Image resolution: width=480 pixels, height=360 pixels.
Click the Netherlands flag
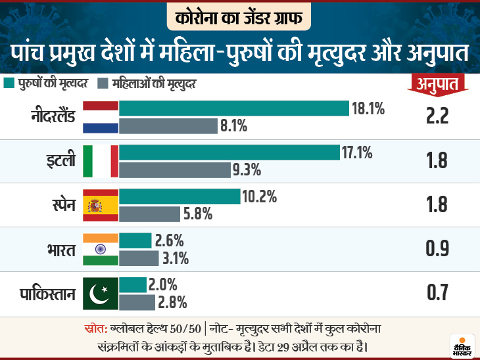click(x=101, y=117)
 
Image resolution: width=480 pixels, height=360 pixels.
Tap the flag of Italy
click(x=101, y=161)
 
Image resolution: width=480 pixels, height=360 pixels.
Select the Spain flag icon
click(x=101, y=205)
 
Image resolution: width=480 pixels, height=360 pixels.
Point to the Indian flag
click(x=101, y=249)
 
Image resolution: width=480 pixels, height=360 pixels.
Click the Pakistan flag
click(x=101, y=293)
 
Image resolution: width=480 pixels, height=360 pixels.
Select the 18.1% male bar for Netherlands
click(x=233, y=108)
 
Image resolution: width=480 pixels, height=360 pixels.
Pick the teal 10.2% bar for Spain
click(x=180, y=196)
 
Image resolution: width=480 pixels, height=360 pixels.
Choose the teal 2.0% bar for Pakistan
click(x=133, y=284)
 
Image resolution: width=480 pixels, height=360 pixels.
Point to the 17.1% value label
click(x=357, y=153)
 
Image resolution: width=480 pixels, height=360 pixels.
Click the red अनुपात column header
click(x=436, y=82)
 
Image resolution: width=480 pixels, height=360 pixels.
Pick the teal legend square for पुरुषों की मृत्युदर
click(x=9, y=83)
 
